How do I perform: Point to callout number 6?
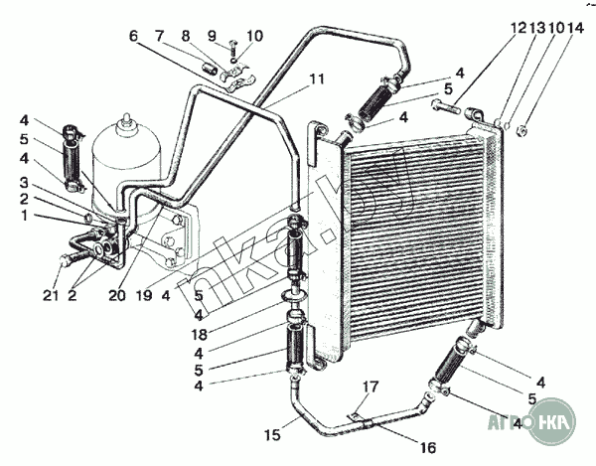pos(133,36)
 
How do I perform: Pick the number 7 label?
pos(159,36)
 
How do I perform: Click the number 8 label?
pos(184,36)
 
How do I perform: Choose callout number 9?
pos(211,36)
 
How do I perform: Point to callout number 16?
pos(427,448)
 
